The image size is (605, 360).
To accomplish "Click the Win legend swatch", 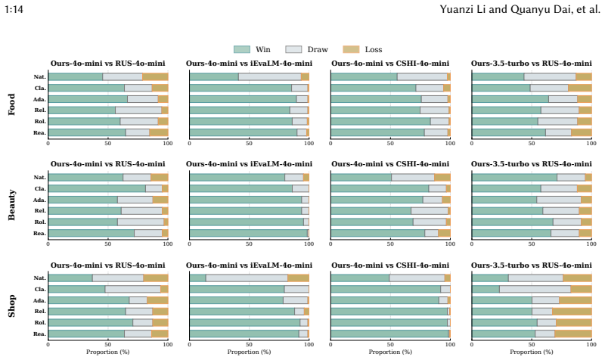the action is (x=241, y=49).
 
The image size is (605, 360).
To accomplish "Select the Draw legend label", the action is (x=318, y=49).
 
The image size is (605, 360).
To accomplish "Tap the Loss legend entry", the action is (x=362, y=49).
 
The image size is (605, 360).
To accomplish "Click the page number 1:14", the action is (x=14, y=9).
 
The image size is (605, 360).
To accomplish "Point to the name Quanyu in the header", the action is (x=526, y=9).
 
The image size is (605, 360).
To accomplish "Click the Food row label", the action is (x=11, y=104).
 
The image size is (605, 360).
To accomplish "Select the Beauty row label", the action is (x=11, y=205).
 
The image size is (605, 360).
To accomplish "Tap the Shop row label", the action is (x=11, y=306).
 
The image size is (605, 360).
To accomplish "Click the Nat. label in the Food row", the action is (x=40, y=77).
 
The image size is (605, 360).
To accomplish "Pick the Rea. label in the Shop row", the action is (x=40, y=334).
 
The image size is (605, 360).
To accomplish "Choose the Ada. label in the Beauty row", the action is (x=39, y=200).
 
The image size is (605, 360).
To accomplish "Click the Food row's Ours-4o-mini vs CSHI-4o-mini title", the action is (x=390, y=64).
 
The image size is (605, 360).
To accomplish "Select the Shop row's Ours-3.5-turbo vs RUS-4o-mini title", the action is (x=532, y=265).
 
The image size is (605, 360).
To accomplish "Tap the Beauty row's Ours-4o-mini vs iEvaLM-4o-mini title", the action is (x=250, y=164).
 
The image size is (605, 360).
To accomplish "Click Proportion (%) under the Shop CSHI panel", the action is (x=390, y=352).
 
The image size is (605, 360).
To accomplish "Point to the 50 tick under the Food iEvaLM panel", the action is (x=250, y=144).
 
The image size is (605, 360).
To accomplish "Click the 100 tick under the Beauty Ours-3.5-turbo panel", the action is (x=591, y=244).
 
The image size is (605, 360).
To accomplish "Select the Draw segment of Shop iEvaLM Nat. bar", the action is (x=247, y=278).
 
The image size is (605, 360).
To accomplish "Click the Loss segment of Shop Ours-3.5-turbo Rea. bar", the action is (x=573, y=334).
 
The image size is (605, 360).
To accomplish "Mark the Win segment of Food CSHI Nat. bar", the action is (x=364, y=77).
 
